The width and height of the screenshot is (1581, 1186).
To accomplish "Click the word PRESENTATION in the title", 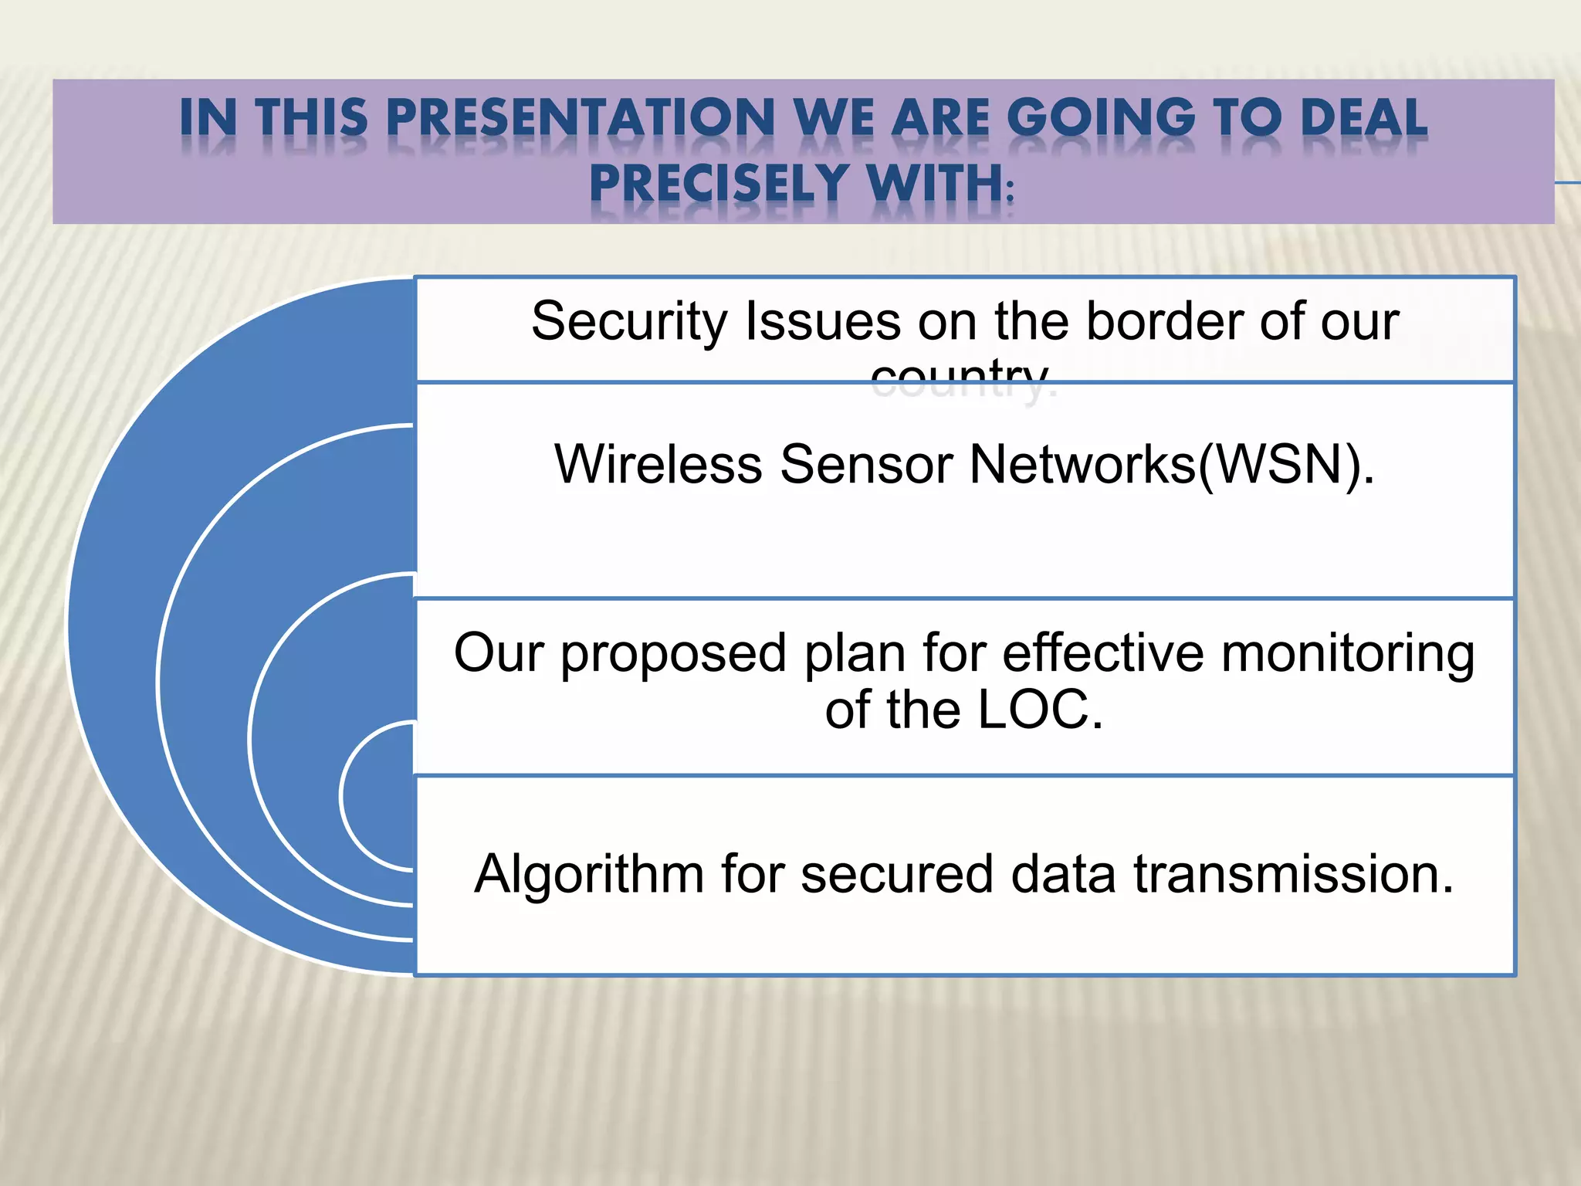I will coord(580,118).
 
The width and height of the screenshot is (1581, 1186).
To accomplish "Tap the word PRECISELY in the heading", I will coord(719,184).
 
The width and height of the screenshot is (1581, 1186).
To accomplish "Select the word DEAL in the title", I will coord(1363,118).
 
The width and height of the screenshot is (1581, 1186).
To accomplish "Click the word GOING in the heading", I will coord(1101,118).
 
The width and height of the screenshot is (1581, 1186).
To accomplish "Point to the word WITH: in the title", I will coord(939,184).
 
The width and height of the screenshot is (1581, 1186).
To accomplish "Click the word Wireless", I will coord(658,464).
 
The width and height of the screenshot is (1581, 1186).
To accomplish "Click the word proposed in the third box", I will coord(673,653).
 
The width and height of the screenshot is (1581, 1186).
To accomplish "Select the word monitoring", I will coord(1348,653).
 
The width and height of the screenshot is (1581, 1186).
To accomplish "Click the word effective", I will coord(1102,653).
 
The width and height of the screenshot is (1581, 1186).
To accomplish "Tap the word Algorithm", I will coord(589,874).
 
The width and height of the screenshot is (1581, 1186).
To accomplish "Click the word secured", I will coord(896,874).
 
